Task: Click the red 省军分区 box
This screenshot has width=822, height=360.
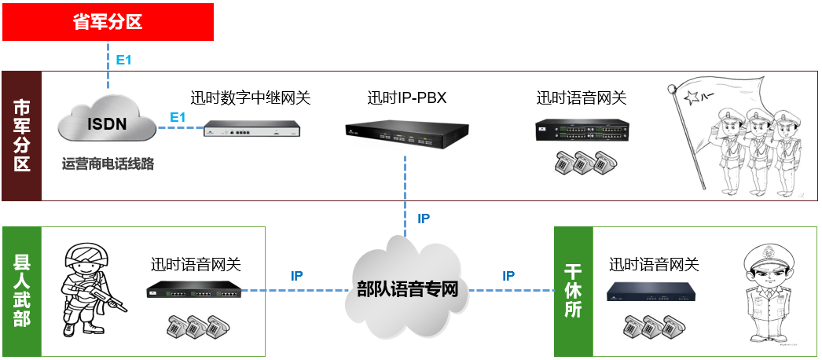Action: [x=108, y=21]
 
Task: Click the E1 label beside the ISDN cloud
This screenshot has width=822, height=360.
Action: [x=177, y=118]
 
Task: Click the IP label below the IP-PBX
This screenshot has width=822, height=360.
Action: [x=424, y=219]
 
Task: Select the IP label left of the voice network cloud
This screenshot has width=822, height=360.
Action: [x=297, y=276]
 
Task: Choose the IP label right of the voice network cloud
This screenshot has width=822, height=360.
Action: [x=508, y=276]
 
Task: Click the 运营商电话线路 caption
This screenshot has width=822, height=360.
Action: [x=108, y=164]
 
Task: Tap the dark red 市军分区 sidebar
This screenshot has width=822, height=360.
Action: [x=21, y=135]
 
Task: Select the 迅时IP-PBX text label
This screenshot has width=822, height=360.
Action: [x=406, y=98]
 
